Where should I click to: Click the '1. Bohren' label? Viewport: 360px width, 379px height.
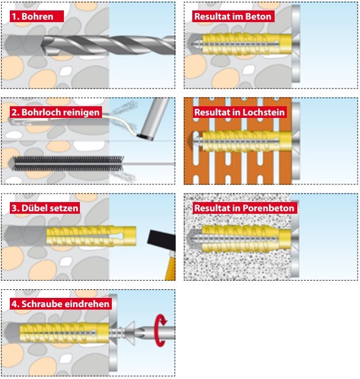[x=37, y=17]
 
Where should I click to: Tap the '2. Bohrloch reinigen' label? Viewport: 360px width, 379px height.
[x=56, y=112]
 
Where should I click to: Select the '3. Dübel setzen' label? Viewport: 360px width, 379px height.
[x=45, y=208]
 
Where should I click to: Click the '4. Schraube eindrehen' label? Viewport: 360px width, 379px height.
[x=61, y=304]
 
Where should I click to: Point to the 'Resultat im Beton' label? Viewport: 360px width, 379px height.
[x=233, y=17]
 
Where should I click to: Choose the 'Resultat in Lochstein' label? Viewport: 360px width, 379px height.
[x=240, y=112]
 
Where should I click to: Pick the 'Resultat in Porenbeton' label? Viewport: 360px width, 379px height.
[x=245, y=208]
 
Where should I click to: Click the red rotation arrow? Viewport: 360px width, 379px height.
[x=160, y=330]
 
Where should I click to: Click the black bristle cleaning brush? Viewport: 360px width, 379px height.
[x=68, y=163]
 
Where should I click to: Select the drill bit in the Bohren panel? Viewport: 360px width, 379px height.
[x=108, y=45]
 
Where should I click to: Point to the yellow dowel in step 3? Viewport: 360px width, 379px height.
[x=91, y=236]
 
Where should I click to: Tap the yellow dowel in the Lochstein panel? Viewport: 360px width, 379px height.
[x=247, y=141]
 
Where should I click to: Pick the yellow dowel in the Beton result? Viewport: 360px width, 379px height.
[x=247, y=44]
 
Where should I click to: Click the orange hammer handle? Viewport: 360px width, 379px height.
[x=171, y=266]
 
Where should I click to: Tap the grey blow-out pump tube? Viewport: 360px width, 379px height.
[x=152, y=119]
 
